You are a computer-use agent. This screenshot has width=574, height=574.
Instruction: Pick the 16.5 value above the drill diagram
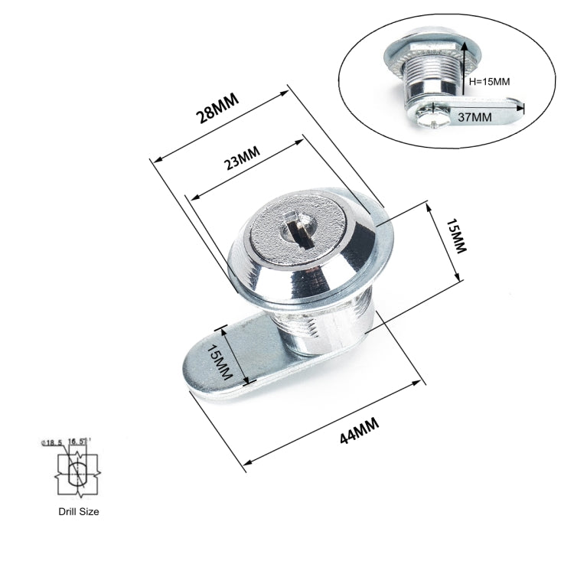pos(78,442)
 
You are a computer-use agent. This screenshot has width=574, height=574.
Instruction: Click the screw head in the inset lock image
pos(427,120)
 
